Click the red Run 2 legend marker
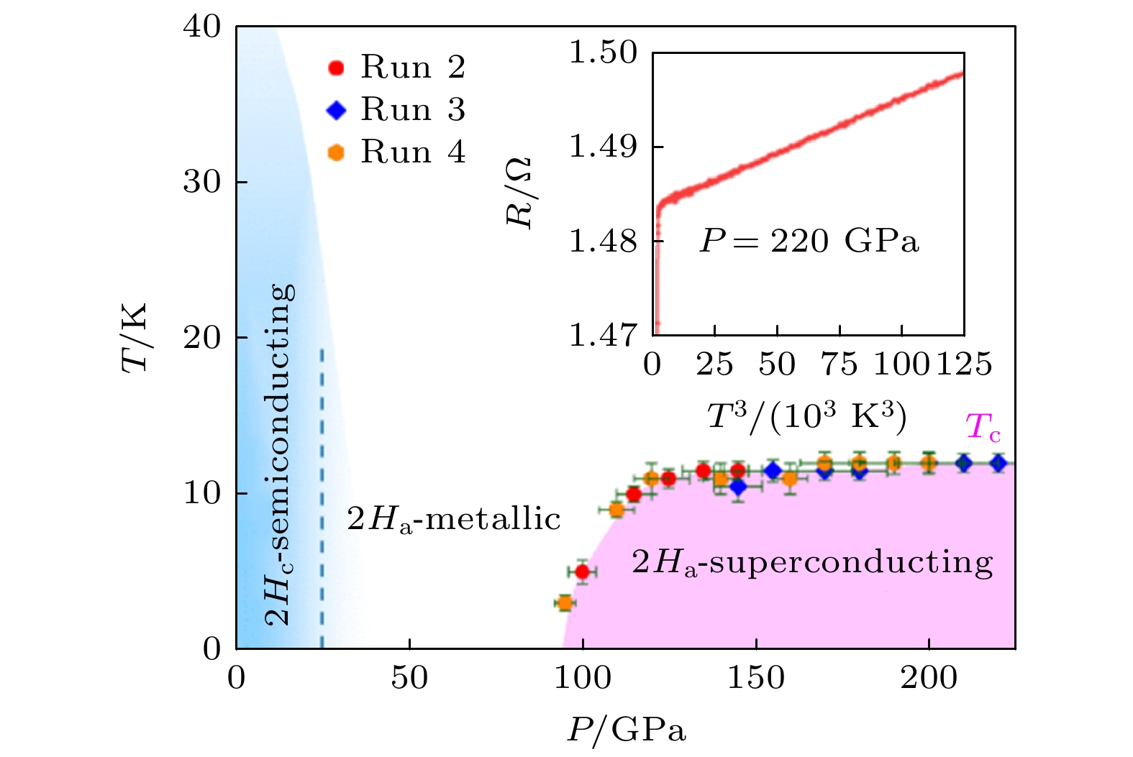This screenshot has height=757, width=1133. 336,68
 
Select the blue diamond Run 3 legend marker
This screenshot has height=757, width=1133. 336,110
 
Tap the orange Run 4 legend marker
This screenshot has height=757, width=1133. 336,152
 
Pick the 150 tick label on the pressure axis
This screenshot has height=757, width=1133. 755,678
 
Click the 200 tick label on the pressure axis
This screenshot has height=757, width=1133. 929,678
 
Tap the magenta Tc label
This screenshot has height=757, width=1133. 983,427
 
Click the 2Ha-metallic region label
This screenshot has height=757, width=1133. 453,519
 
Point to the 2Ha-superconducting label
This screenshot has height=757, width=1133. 812,562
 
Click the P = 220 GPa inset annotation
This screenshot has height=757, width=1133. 809,242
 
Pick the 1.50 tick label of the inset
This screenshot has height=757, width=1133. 603,53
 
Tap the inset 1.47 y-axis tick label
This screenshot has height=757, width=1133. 603,335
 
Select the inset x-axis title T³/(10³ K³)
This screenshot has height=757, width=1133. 806,416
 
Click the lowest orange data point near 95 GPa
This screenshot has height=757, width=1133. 565,602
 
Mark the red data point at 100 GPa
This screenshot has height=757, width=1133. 583,572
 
